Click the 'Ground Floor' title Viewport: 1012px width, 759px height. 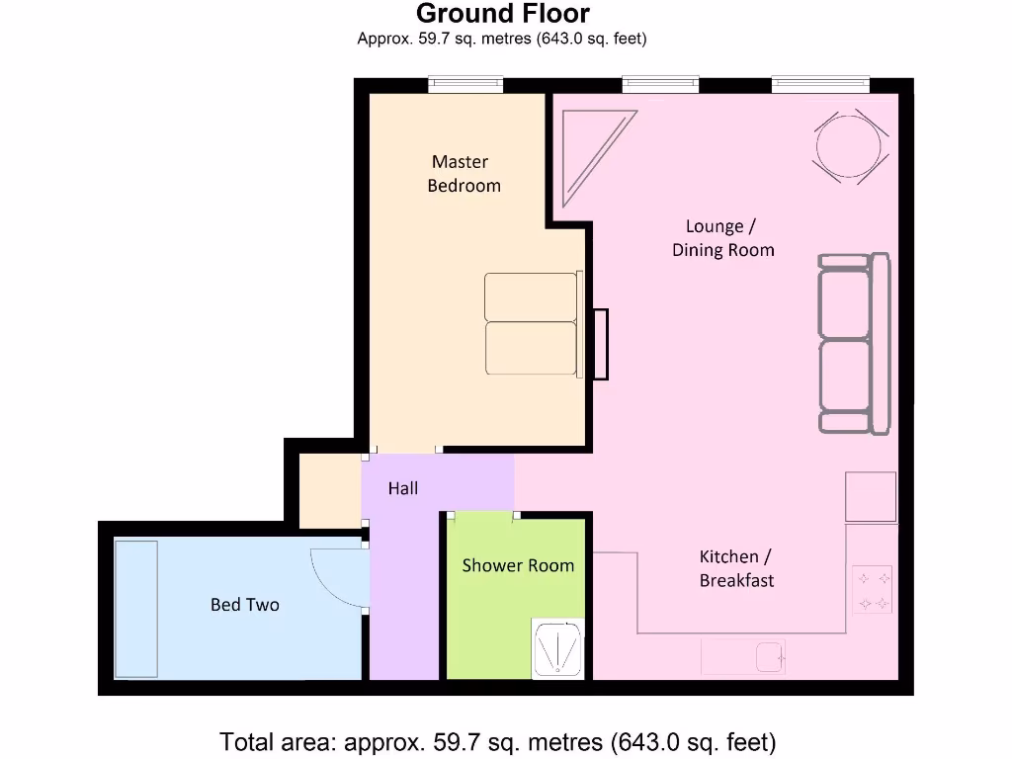pyautogui.click(x=502, y=14)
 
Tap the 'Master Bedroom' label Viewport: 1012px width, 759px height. pyautogui.click(x=464, y=173)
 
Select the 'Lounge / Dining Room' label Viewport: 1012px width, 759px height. pyautogui.click(x=722, y=238)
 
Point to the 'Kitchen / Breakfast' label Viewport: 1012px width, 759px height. pyautogui.click(x=736, y=568)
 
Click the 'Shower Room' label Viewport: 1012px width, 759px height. pyautogui.click(x=518, y=565)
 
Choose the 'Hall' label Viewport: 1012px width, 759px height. pyautogui.click(x=403, y=488)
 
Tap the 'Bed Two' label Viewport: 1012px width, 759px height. pyautogui.click(x=244, y=604)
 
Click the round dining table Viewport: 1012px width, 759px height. pyautogui.click(x=848, y=147)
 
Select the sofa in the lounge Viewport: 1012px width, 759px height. pyautogui.click(x=853, y=344)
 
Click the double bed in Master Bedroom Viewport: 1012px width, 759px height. pyautogui.click(x=533, y=324)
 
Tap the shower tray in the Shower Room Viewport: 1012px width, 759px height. pyautogui.click(x=557, y=648)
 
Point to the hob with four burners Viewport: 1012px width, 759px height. pyautogui.click(x=873, y=589)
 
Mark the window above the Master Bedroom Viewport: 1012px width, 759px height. pyautogui.click(x=465, y=86)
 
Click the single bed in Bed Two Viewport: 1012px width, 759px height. pyautogui.click(x=136, y=609)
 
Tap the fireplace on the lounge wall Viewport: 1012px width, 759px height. pyautogui.click(x=599, y=344)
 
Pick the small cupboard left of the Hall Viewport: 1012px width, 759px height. pyautogui.click(x=329, y=491)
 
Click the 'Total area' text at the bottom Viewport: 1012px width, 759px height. pyautogui.click(x=497, y=741)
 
